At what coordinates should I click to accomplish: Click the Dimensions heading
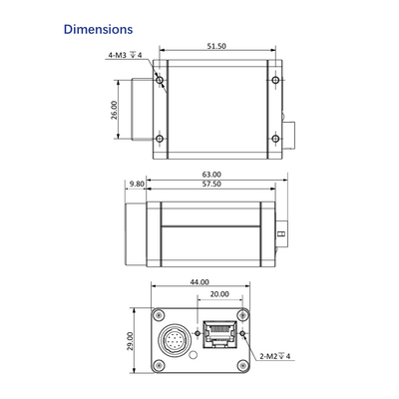point(99,29)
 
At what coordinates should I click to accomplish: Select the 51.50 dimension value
point(216,46)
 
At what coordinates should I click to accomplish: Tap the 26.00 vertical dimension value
point(114,110)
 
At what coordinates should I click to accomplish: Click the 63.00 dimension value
point(211,175)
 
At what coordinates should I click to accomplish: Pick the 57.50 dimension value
point(211,184)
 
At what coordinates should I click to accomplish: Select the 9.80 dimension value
point(137,184)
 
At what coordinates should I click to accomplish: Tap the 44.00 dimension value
point(199,282)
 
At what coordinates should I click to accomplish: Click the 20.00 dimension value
point(219,294)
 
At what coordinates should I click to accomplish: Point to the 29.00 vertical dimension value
point(130,341)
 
